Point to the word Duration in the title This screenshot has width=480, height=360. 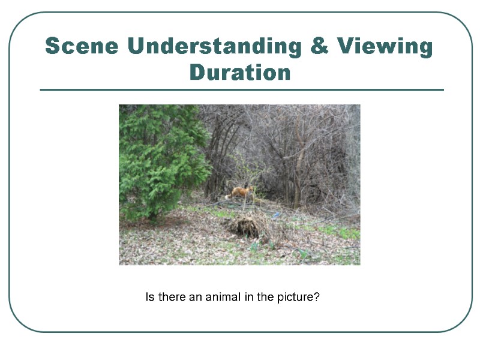click(x=240, y=73)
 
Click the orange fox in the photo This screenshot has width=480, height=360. click(x=240, y=192)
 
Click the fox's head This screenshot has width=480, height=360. click(x=247, y=188)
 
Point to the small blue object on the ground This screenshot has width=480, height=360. click(x=276, y=214)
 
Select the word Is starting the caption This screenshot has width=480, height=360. click(x=149, y=297)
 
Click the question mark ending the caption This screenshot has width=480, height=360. click(x=316, y=297)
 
